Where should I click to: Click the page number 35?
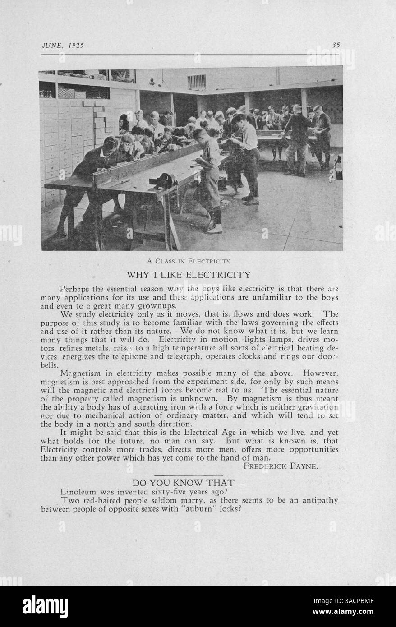[336, 45]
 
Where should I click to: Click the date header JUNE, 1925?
[63, 45]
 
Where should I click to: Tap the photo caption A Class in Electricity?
[189, 261]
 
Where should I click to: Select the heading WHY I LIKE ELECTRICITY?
[189, 274]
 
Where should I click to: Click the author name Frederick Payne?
[281, 466]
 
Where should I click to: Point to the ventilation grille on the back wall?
[197, 82]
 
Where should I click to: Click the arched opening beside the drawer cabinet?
[123, 123]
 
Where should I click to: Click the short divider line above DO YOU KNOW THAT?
[189, 475]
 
